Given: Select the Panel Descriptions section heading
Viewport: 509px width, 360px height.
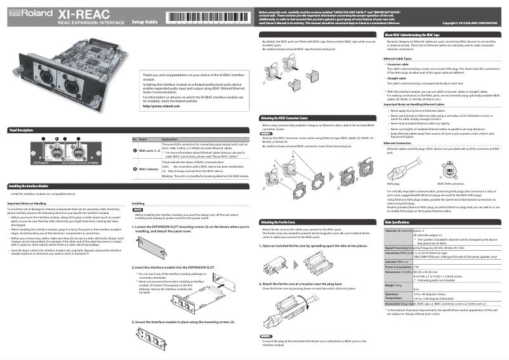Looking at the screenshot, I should click(x=21, y=130).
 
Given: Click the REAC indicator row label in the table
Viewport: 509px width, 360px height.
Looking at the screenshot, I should click(x=149, y=169).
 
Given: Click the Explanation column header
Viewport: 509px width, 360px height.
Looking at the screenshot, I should click(x=171, y=138).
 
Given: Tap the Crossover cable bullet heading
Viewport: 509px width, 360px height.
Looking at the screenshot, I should click(x=398, y=64).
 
